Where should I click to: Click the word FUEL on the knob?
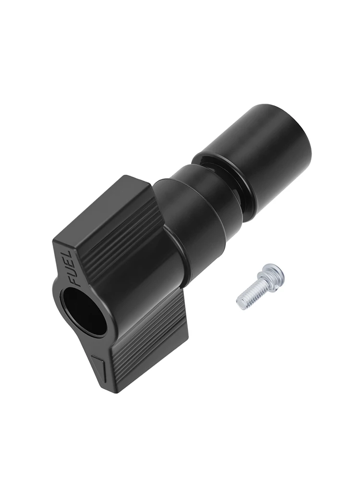tap(68, 269)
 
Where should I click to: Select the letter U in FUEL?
tap(69, 274)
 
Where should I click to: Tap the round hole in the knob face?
tap(84, 312)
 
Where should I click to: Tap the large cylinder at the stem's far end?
tap(269, 144)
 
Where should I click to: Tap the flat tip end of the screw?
tap(240, 302)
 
